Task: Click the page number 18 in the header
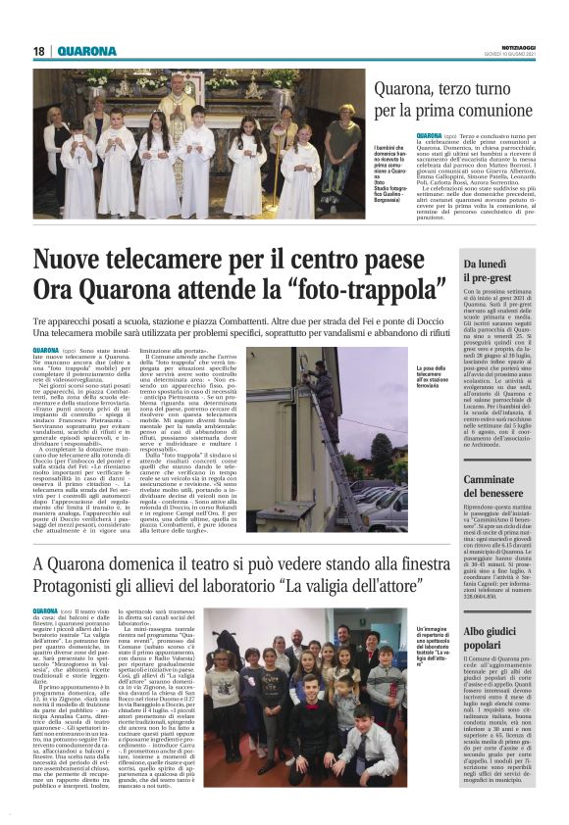pos(39,51)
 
